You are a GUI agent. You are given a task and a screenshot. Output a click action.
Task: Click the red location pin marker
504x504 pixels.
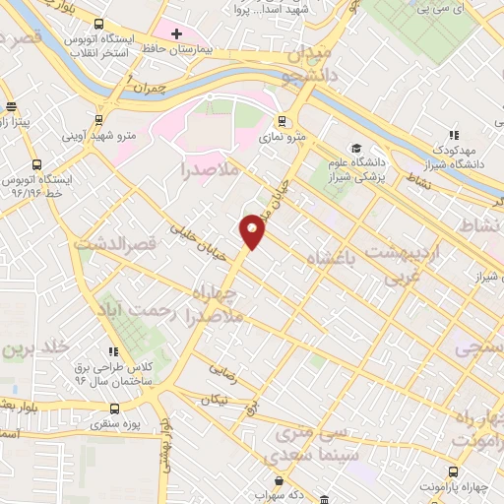click(x=253, y=229)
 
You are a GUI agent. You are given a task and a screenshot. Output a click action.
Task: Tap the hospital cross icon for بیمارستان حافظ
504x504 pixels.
click(x=176, y=34)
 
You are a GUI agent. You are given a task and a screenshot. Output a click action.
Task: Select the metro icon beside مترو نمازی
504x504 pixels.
click(x=283, y=122)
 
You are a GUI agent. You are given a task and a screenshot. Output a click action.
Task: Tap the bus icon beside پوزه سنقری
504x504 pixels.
click(x=115, y=409)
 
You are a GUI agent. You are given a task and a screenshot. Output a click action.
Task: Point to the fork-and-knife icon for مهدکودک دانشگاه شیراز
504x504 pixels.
click(x=454, y=135)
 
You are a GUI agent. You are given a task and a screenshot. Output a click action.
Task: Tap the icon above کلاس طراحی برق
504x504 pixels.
click(x=115, y=351)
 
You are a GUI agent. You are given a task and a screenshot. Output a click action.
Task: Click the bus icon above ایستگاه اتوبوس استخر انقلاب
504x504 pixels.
click(x=97, y=24)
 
